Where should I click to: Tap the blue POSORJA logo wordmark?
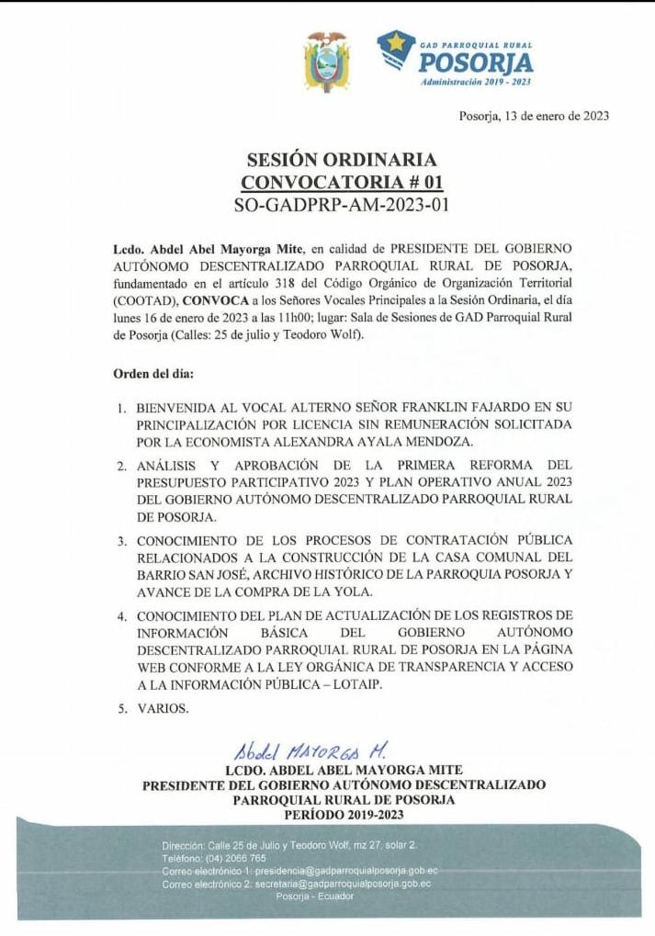click(475, 62)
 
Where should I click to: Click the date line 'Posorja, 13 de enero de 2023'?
click(534, 117)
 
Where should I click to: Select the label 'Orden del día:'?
click(153, 375)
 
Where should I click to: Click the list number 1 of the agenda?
click(121, 407)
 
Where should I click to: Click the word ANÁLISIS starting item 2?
click(167, 466)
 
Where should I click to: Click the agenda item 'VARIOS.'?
click(164, 708)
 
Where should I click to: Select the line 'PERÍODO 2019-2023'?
click(344, 815)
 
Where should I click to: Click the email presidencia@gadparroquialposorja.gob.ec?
click(346, 870)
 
